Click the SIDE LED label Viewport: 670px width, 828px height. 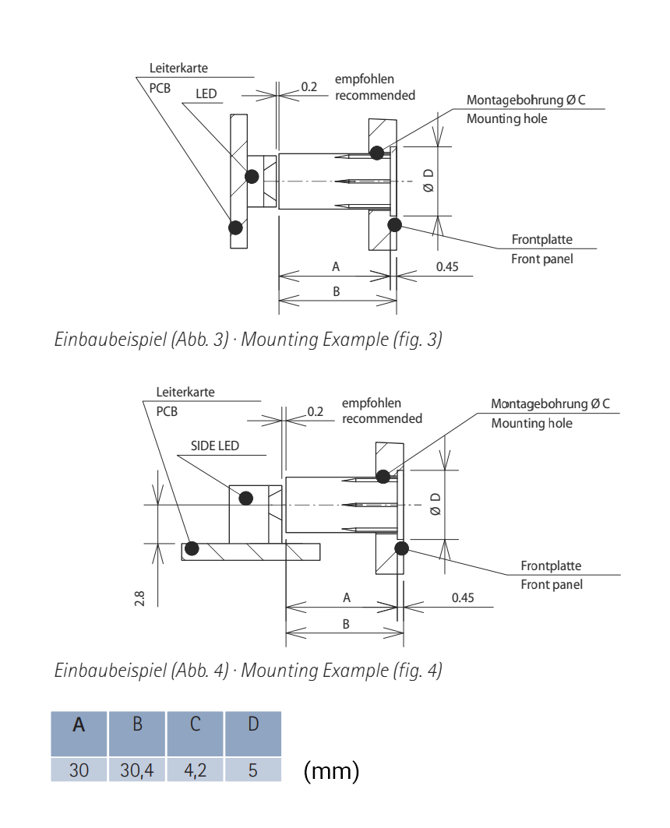215,446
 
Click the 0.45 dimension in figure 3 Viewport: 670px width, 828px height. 447,266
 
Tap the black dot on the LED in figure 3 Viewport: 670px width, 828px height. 252,176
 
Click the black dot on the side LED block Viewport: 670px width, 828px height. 245,498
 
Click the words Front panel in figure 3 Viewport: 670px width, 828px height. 541,258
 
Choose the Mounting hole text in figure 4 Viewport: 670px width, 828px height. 531,423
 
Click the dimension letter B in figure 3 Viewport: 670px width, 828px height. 336,291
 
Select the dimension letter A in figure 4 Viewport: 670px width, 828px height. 347,597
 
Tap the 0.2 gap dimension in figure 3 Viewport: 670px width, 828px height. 309,87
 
